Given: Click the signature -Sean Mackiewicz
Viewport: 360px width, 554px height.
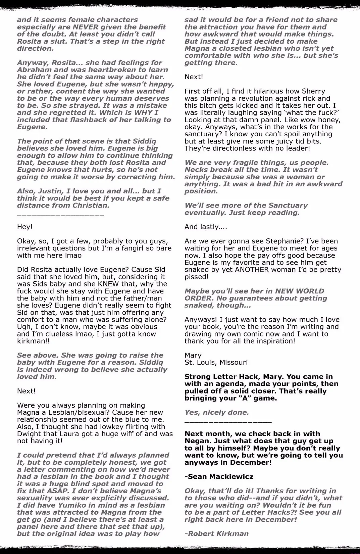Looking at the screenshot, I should [x=219, y=476].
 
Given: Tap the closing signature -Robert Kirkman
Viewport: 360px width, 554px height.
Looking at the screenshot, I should [x=216, y=534].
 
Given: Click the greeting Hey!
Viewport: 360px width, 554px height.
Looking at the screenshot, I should [x=25, y=227].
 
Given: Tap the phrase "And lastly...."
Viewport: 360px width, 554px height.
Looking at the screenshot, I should [x=206, y=227].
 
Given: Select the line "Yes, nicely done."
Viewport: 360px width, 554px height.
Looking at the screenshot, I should [x=217, y=412].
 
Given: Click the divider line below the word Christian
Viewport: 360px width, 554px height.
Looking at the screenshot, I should [x=60, y=215].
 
